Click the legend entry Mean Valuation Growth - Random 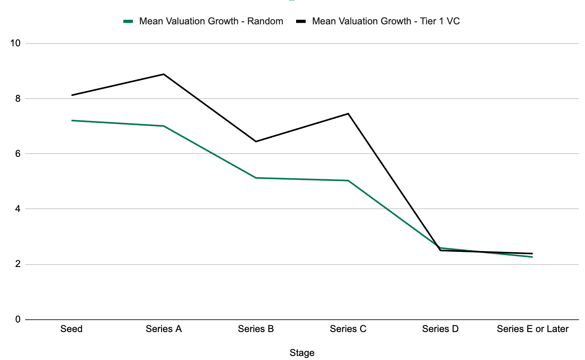click(211, 21)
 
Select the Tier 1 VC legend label click(385, 21)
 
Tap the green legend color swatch click(128, 22)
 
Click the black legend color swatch click(301, 22)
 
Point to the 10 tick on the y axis click(15, 44)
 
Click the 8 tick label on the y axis click(18, 99)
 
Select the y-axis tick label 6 click(18, 154)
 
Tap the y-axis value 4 click(18, 209)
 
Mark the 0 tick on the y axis click(18, 319)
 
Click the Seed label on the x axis click(71, 329)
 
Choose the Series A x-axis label click(164, 329)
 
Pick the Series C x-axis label click(348, 329)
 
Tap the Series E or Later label click(532, 329)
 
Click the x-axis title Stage click(302, 353)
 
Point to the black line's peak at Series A click(164, 74)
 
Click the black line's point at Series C click(348, 114)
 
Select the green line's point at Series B click(256, 178)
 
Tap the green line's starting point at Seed click(72, 120)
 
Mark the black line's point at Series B click(256, 141)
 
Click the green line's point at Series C click(348, 180)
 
